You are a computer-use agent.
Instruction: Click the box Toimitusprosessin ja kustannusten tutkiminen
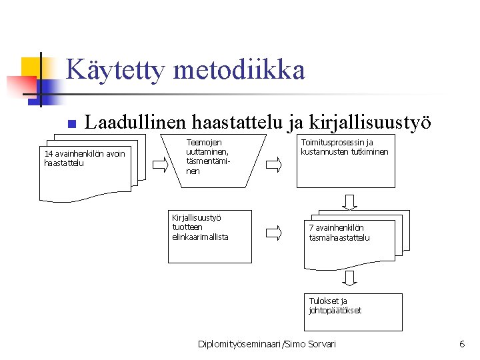[x=347, y=160]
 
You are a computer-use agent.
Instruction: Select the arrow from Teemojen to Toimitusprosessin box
[x=274, y=163]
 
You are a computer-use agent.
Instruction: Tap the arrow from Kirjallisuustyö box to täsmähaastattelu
[x=274, y=233]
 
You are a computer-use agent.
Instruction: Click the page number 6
[x=462, y=344]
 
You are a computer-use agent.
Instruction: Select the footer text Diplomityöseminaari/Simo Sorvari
[x=267, y=344]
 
